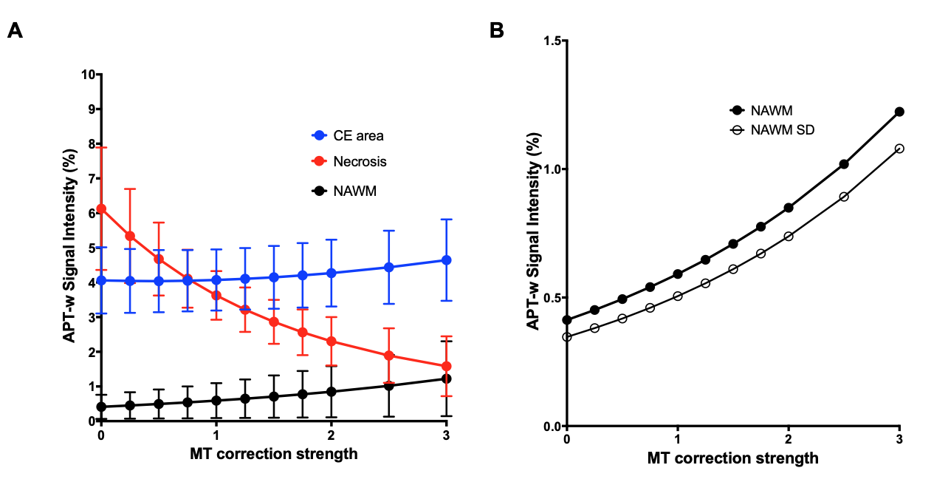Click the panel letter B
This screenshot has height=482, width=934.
pyautogui.click(x=497, y=30)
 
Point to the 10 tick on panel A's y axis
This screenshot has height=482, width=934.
pyautogui.click(x=89, y=75)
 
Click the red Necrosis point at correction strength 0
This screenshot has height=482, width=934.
pyautogui.click(x=101, y=208)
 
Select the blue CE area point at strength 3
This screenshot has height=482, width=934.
pyautogui.click(x=446, y=260)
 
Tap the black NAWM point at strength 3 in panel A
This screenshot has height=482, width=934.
pyautogui.click(x=446, y=379)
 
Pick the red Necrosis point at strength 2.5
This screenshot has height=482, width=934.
pyautogui.click(x=388, y=356)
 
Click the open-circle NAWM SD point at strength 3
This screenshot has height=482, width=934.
pyautogui.click(x=899, y=149)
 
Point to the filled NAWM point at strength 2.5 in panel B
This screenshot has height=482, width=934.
pyautogui.click(x=844, y=164)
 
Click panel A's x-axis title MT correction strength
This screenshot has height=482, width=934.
pyautogui.click(x=274, y=454)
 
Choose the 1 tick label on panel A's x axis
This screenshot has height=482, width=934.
pyautogui.click(x=216, y=435)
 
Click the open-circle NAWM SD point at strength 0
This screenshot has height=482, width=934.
pyautogui.click(x=567, y=337)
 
